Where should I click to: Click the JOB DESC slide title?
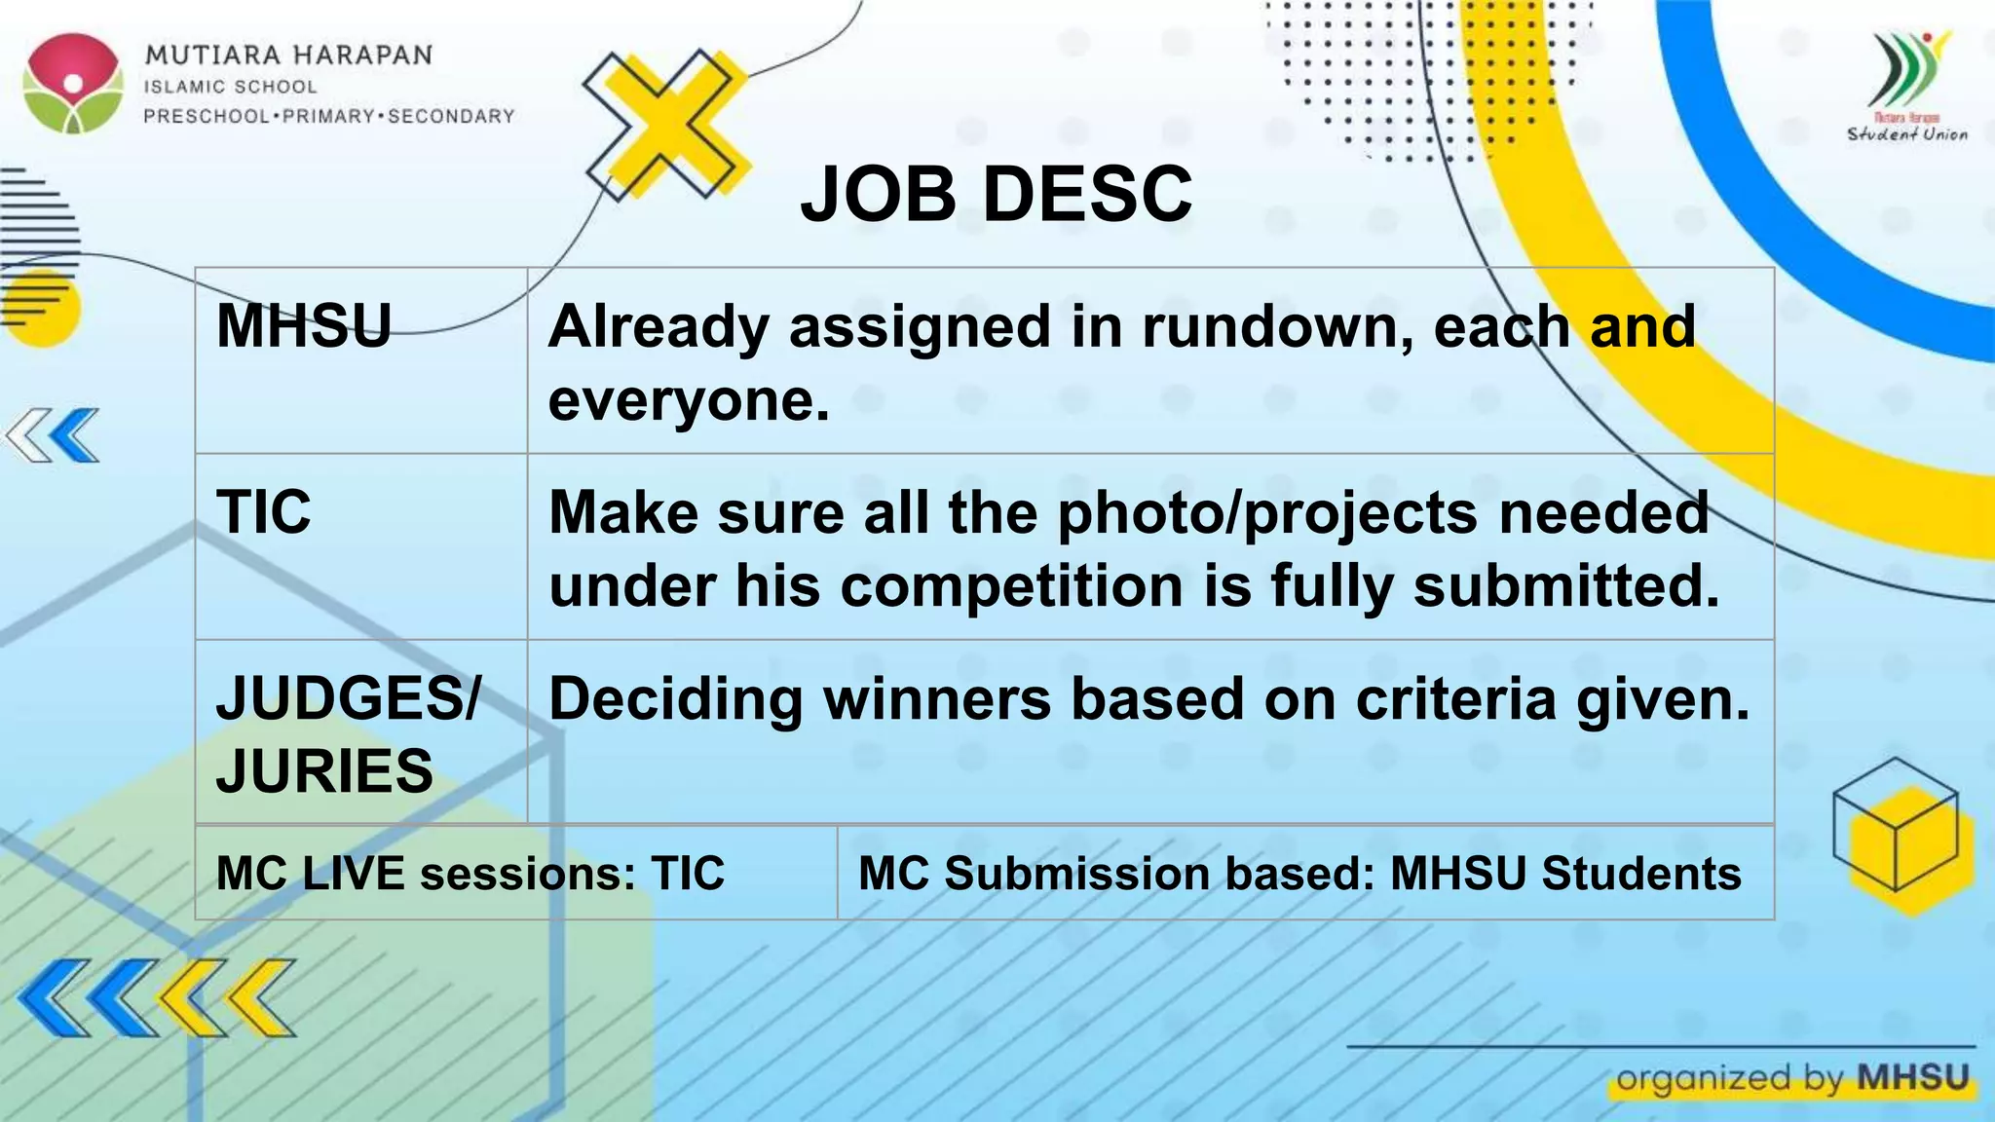[x=996, y=194]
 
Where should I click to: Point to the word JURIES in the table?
[x=324, y=771]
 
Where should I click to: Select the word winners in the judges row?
[x=937, y=699]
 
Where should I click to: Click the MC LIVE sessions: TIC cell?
[x=471, y=873]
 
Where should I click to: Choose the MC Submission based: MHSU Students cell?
[x=1299, y=873]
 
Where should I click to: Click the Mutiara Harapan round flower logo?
[x=74, y=83]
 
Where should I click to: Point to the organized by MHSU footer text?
[x=1792, y=1078]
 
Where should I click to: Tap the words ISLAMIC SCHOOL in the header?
[x=231, y=87]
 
